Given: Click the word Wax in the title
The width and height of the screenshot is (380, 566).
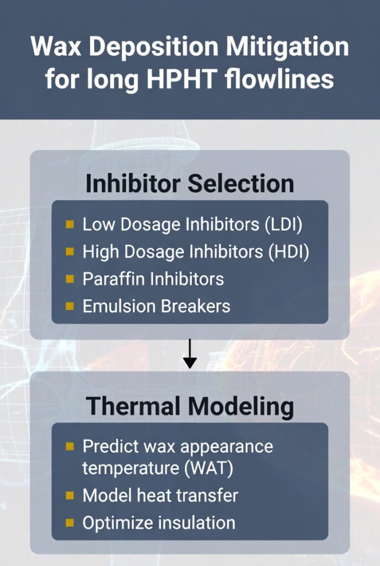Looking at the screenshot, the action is (x=56, y=46).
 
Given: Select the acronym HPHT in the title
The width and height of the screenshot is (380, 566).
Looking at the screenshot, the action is (x=181, y=79).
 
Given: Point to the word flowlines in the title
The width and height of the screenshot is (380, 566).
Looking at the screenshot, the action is (x=279, y=78).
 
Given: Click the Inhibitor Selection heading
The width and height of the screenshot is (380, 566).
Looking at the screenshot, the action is (x=190, y=184).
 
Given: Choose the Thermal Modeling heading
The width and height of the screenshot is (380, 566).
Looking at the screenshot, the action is (x=190, y=407).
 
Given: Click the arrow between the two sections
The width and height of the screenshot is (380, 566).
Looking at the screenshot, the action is (x=190, y=354).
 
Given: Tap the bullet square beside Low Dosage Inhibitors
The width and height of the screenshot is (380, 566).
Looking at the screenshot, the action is (x=70, y=224).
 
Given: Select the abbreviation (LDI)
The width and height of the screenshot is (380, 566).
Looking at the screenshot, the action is (x=284, y=224).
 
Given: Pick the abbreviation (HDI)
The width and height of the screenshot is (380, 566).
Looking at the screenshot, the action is (x=289, y=251).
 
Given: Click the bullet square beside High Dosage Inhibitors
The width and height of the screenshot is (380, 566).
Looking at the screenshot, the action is (x=70, y=251).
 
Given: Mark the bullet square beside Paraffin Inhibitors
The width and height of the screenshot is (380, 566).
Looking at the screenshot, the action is (x=70, y=279).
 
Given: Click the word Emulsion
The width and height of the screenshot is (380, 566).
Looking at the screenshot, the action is (x=119, y=306).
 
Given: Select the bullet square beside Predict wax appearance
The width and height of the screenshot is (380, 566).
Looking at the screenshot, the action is (x=70, y=447).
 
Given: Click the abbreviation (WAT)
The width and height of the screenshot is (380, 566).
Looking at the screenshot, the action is (x=209, y=468).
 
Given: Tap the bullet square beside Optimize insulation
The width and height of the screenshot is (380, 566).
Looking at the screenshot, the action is (x=70, y=523).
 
